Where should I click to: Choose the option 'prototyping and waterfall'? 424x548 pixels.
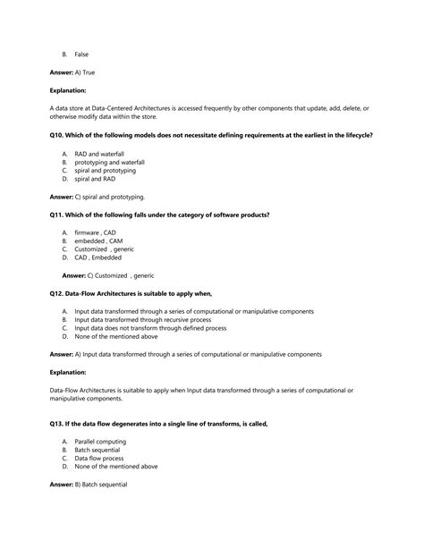109,162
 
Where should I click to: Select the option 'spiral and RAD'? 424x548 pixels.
95,179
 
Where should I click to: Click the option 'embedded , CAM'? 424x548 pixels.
98,241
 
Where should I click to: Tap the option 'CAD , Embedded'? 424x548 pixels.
98,257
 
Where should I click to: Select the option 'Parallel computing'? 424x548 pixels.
100,442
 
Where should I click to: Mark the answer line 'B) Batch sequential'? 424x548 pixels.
89,485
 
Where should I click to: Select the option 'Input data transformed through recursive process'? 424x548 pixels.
143,319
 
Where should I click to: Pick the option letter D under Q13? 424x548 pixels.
65,466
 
